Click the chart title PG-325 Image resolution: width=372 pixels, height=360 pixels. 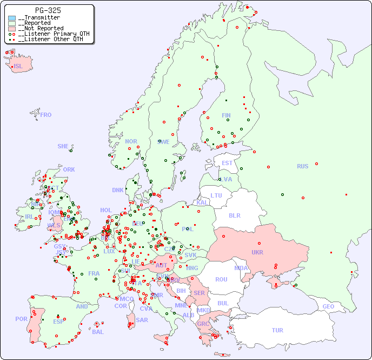48,10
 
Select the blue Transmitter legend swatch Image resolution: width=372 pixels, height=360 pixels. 12,18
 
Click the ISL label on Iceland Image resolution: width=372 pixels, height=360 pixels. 18,67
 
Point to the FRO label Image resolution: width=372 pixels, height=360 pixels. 46,115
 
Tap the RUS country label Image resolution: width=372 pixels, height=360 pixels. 302,166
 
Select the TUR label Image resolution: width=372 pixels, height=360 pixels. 277,330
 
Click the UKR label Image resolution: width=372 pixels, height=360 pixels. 257,252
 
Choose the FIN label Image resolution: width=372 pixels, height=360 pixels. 226,115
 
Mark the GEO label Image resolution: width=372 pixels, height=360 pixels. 328,306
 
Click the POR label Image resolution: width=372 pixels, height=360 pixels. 21,319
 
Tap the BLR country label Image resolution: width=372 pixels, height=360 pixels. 235,215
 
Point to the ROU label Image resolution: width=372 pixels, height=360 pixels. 221,279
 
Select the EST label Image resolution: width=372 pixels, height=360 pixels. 227,163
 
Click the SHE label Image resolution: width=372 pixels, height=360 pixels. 63,146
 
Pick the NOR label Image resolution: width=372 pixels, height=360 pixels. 131,141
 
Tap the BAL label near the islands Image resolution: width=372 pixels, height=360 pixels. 98,332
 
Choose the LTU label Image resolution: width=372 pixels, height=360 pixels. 216,195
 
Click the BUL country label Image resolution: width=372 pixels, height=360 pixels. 223,303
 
